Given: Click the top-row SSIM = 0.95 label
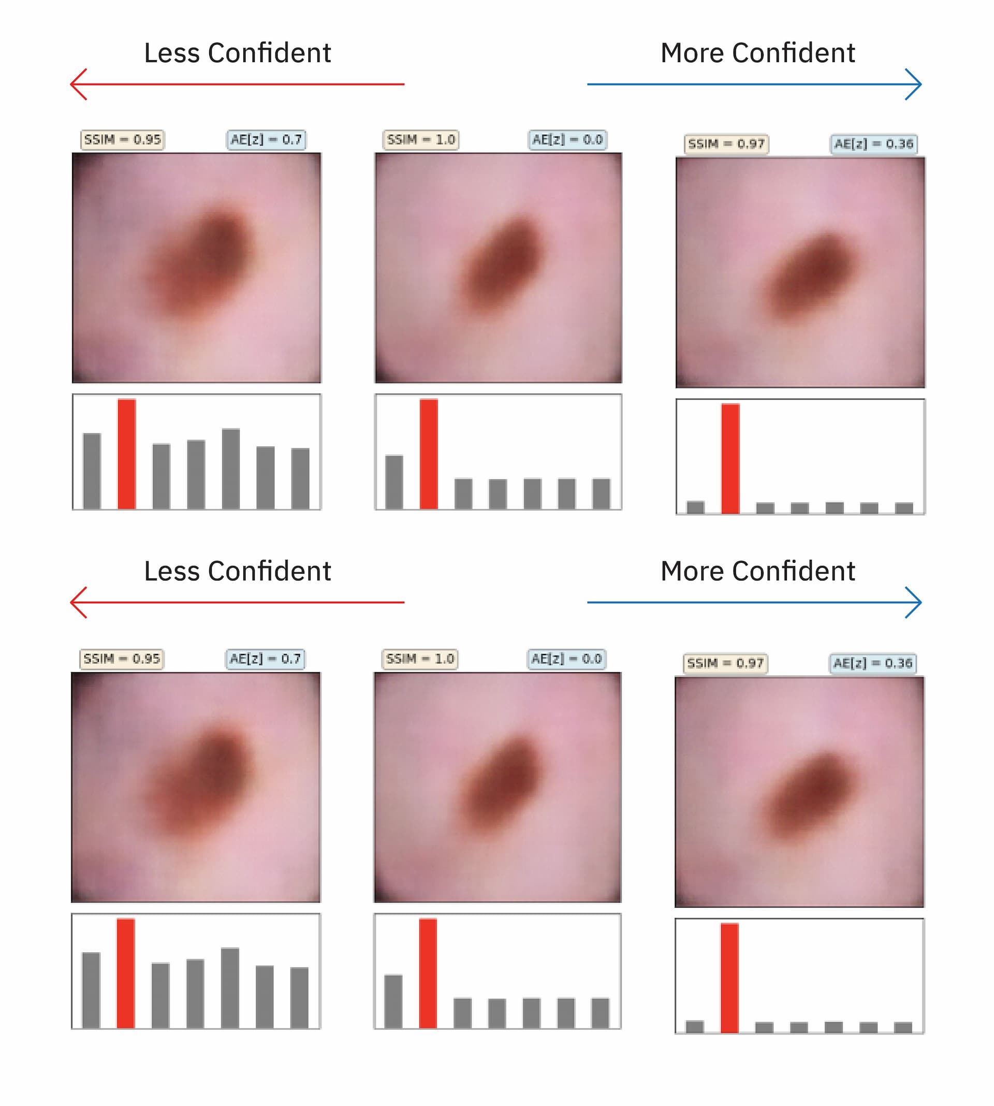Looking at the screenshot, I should pos(122,140).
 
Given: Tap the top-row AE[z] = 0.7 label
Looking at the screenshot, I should pos(266,140).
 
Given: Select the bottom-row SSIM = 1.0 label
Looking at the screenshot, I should pos(420,659).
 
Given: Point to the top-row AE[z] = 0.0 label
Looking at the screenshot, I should pos(567,140).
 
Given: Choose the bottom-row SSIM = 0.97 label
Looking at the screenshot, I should pos(725,664).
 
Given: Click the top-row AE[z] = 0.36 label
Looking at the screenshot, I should pos(873,144).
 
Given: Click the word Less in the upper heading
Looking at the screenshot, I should pos(171,53).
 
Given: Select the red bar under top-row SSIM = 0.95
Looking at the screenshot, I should pos(127,454).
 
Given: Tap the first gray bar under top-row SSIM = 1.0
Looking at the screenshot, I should pos(394,482).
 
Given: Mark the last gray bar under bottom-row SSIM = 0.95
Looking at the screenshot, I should pos(299,997).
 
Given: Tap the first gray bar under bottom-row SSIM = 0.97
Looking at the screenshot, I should pos(695,1026).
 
